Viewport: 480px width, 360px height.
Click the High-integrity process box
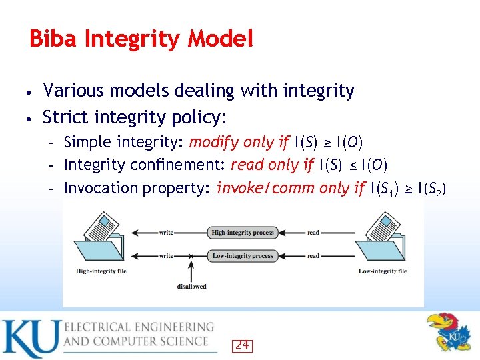click(x=242, y=233)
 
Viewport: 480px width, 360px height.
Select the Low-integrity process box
click(x=242, y=256)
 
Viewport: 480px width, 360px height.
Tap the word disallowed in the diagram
click(x=191, y=287)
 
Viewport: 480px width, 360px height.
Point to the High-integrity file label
click(x=101, y=271)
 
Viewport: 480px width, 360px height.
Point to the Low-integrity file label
click(x=383, y=271)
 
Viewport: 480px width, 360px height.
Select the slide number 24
click(x=242, y=345)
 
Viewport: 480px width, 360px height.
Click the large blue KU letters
click(x=29, y=338)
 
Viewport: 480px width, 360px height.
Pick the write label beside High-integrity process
click(x=166, y=233)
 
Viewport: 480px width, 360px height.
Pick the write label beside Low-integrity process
click(x=166, y=256)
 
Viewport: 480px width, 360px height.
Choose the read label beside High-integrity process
click(x=313, y=233)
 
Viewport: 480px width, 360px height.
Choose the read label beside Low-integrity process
click(x=313, y=256)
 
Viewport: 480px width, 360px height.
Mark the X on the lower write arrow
click(x=191, y=256)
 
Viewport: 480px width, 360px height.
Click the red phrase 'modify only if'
click(x=239, y=142)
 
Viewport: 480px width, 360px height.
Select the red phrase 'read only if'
click(x=273, y=165)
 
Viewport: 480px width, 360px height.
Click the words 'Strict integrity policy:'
click(x=135, y=118)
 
